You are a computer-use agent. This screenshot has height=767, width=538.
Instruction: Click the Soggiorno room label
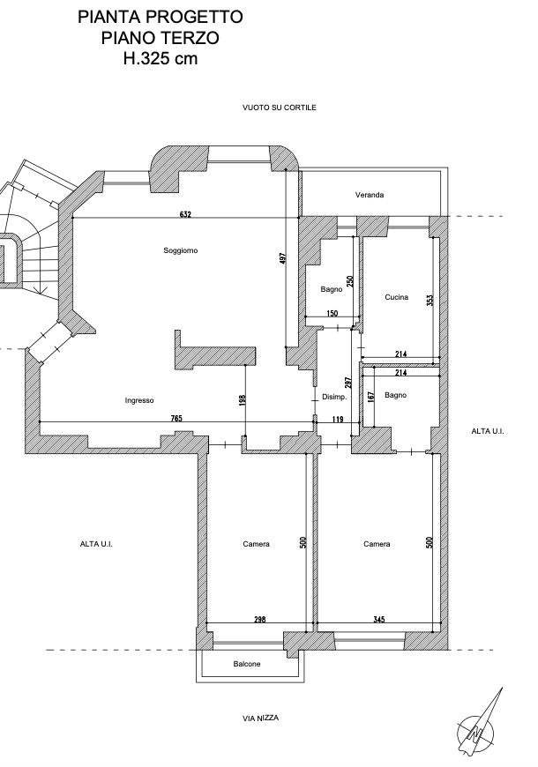click(181, 250)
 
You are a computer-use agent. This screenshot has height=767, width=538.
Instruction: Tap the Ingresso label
click(139, 400)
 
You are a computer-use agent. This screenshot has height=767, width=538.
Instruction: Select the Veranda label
click(370, 195)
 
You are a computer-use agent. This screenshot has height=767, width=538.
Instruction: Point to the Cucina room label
click(396, 297)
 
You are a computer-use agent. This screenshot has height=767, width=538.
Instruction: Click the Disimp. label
click(334, 398)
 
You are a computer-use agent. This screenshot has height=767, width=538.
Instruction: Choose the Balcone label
click(247, 664)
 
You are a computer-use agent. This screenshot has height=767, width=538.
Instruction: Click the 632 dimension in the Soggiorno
click(185, 213)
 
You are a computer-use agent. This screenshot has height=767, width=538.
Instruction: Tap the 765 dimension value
click(176, 418)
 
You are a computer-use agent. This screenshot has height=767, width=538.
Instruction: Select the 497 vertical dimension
click(282, 259)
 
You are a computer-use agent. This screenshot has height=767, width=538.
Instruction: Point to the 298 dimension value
click(260, 619)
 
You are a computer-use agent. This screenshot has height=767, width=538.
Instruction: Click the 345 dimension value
click(379, 619)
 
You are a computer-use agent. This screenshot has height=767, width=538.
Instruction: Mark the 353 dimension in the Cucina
click(430, 300)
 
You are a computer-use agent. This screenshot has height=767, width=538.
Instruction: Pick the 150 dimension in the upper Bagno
click(332, 314)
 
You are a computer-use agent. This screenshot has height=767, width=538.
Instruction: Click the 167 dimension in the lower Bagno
click(370, 396)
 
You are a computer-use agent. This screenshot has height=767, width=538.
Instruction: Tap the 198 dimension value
click(242, 400)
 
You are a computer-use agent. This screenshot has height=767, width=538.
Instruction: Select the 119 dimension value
click(338, 420)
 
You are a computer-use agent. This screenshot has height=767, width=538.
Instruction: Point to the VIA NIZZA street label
click(260, 719)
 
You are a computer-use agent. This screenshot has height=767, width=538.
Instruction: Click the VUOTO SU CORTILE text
click(280, 108)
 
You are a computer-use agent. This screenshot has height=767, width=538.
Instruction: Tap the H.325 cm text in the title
click(161, 59)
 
